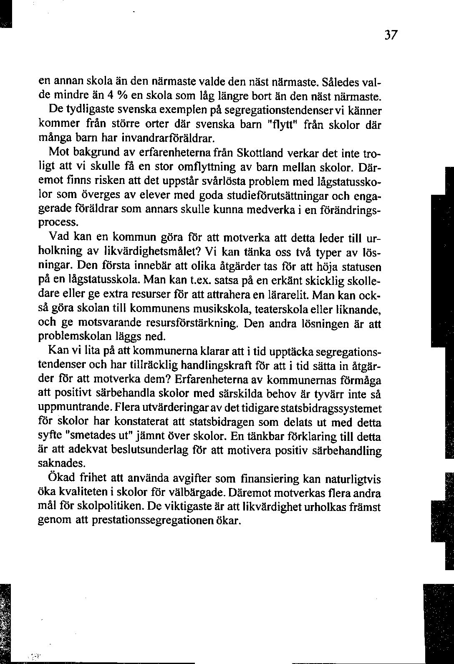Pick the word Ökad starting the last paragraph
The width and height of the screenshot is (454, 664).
[63, 479]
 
